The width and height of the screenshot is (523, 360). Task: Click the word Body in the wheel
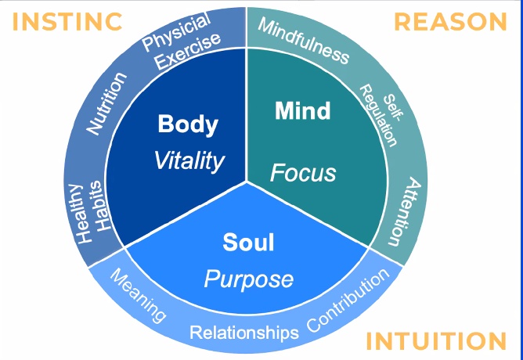(x=188, y=124)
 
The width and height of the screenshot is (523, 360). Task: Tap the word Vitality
(x=189, y=160)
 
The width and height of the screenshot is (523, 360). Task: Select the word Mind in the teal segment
(x=302, y=111)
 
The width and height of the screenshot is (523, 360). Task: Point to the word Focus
(x=303, y=171)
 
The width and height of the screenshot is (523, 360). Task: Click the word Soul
(x=248, y=243)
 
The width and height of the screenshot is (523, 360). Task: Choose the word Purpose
(x=248, y=279)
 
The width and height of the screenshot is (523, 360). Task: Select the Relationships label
(x=244, y=333)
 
